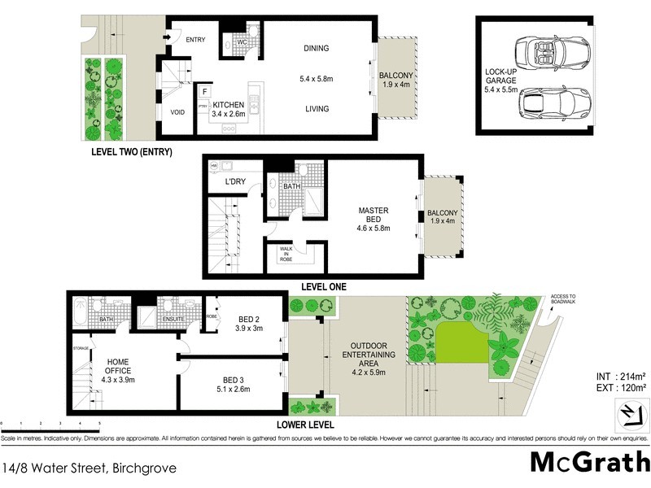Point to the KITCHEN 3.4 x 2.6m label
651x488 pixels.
pyautogui.click(x=229, y=110)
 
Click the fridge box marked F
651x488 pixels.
pyautogui.click(x=204, y=92)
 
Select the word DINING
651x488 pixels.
pyautogui.click(x=316, y=48)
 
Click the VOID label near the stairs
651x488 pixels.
pyautogui.click(x=177, y=112)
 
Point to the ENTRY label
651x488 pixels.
pyautogui.click(x=195, y=39)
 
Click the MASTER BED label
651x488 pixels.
pyautogui.click(x=374, y=216)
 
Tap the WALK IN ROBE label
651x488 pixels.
pyautogui.click(x=286, y=253)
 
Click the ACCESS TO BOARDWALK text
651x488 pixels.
pyautogui.click(x=562, y=299)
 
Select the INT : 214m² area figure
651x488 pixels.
pyautogui.click(x=620, y=376)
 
